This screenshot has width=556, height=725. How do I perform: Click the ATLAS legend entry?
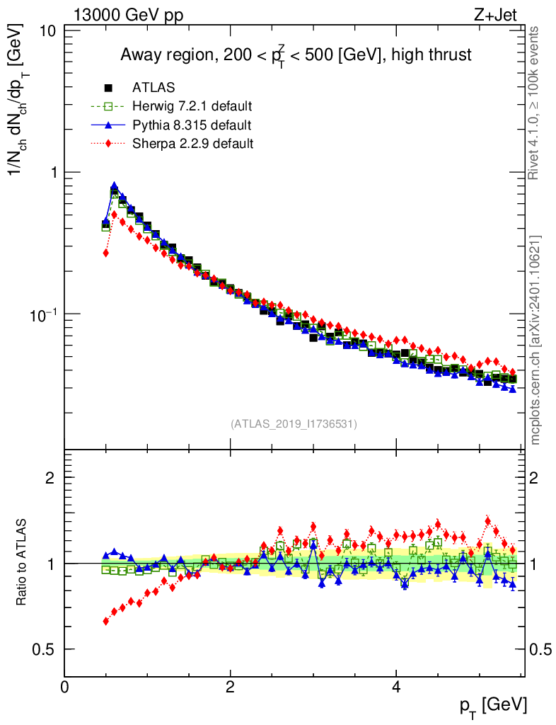(154, 88)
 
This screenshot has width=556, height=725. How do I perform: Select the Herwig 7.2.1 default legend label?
(192, 107)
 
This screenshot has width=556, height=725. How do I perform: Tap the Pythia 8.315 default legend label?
(191, 125)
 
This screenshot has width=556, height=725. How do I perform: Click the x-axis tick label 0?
(64, 687)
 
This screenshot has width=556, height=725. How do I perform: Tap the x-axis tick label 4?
(396, 687)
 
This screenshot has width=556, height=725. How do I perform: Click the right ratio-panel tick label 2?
(535, 477)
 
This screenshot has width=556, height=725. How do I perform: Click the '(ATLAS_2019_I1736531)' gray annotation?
(294, 424)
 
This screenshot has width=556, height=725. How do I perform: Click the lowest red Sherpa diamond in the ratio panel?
(106, 621)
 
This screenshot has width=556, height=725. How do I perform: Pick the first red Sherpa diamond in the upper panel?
(106, 253)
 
